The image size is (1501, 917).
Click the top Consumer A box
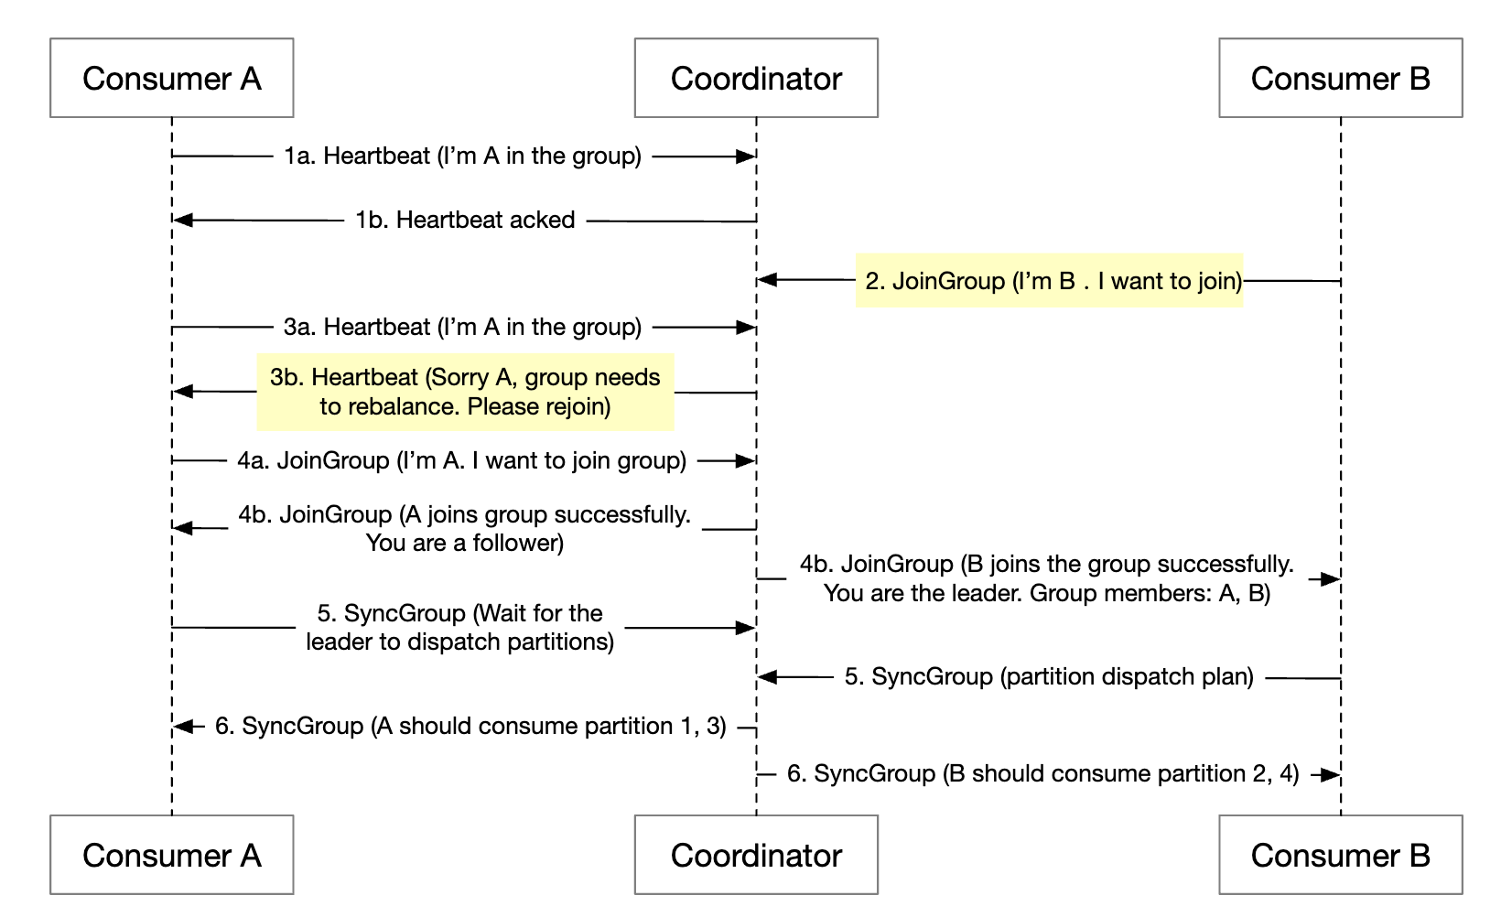coord(171,78)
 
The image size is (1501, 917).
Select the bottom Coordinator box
coord(756,855)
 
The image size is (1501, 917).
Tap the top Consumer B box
coord(1340,78)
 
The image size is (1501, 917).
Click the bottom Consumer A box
coord(171,855)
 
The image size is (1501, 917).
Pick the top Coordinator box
coord(756,78)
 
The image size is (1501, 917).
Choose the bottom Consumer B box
coord(1340,855)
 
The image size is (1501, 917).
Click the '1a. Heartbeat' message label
coord(462,156)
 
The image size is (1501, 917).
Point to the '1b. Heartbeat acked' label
coord(465,221)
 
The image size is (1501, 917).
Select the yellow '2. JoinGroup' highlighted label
coord(1050,280)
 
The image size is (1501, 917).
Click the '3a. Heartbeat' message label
coord(462,327)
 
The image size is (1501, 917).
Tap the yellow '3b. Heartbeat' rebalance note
coord(465,392)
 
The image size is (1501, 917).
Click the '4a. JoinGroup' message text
coord(462,460)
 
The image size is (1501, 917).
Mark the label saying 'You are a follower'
coord(465,543)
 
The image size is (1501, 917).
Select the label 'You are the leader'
coord(1047,593)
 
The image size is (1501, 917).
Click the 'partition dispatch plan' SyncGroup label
coord(1049,677)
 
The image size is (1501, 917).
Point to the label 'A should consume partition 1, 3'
coord(470,727)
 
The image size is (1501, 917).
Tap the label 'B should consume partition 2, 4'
coord(1043,774)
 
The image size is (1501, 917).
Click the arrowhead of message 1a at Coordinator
coord(746,156)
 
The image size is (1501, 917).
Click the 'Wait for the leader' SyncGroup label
coord(460,628)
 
